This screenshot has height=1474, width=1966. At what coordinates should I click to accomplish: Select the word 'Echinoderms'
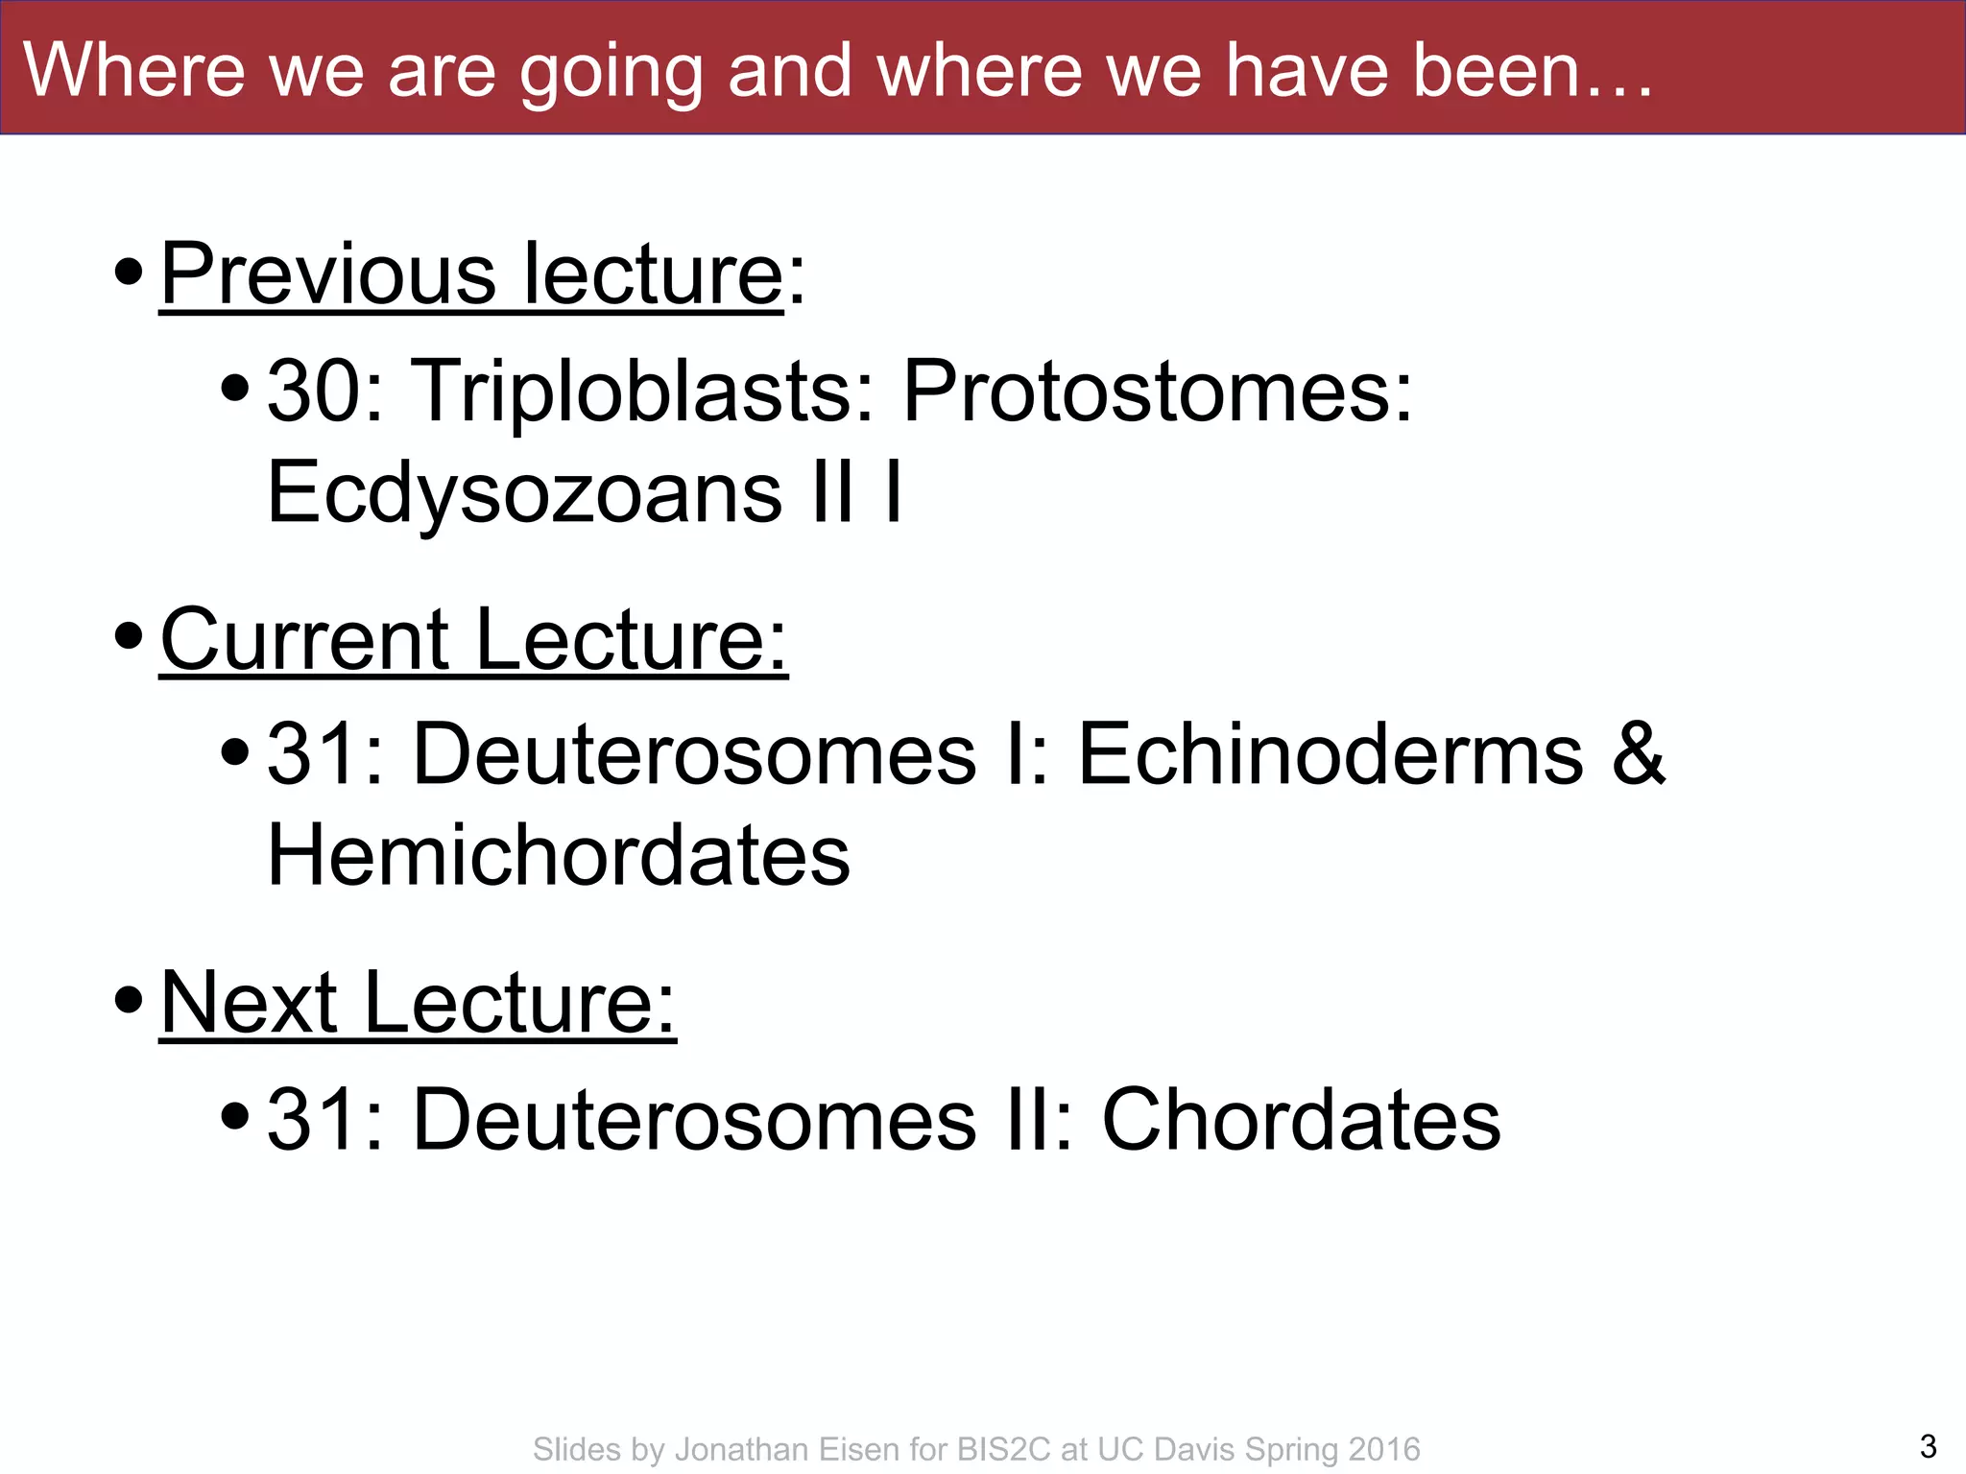point(1331,754)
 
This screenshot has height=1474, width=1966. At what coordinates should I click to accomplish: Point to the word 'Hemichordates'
point(558,856)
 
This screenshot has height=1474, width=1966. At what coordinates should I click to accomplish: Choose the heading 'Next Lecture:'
point(418,1003)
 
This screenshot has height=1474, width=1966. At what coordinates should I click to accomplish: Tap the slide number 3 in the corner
point(1928,1445)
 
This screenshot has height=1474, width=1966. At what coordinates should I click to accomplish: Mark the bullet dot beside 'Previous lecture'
point(129,273)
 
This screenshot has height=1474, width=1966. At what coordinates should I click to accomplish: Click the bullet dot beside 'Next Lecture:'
point(129,1001)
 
